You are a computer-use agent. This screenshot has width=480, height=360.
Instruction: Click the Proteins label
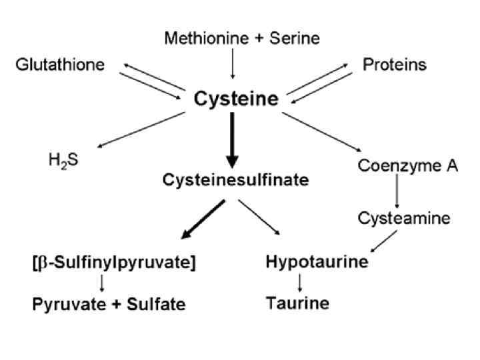(395, 65)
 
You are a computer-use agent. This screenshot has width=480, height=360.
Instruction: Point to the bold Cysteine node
(236, 100)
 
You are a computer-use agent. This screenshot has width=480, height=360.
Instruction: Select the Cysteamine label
(404, 218)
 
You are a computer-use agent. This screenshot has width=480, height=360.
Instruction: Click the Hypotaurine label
(317, 262)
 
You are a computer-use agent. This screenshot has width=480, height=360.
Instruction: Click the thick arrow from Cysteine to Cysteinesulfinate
(232, 140)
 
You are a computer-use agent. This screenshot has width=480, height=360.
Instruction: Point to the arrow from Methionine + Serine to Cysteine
(232, 67)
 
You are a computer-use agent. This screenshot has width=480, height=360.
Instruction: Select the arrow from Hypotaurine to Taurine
(300, 283)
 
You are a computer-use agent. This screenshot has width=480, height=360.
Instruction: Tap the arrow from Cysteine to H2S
(140, 127)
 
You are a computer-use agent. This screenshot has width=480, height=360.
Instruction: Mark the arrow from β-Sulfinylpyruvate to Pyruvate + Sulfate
(102, 283)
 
